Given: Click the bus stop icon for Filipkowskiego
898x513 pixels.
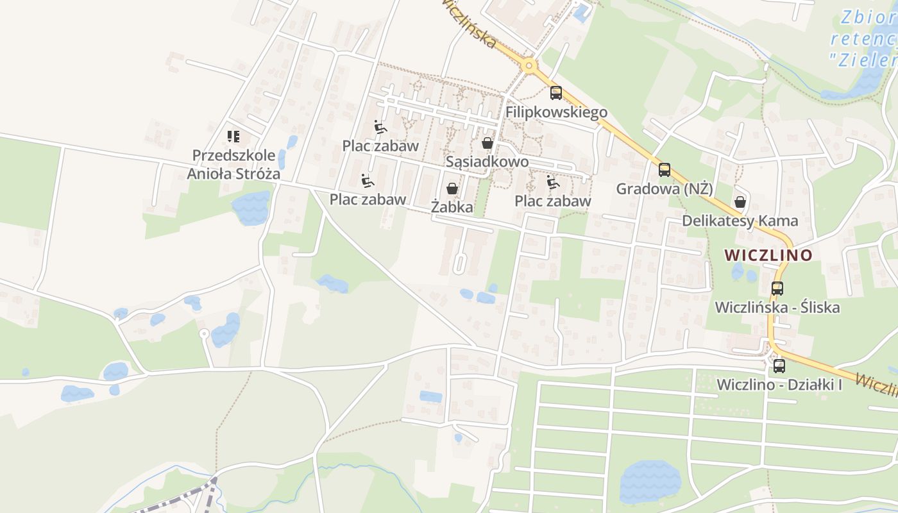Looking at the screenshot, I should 555,92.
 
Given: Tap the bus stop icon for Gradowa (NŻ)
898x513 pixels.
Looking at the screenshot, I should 665,170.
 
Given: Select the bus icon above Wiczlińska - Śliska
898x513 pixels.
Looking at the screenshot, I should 777,288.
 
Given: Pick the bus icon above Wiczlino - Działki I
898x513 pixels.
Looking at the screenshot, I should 779,366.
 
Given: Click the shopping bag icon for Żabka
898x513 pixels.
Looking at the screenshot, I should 452,189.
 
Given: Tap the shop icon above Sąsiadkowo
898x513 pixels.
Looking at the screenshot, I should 487,142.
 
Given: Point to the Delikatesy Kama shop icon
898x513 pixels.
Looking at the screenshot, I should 740,202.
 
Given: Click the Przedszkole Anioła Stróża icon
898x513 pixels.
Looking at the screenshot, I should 233,136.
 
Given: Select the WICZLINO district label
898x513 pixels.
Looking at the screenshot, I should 768,255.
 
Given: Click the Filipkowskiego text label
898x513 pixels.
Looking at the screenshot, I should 556,112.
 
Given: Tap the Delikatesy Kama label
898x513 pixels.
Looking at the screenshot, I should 740,221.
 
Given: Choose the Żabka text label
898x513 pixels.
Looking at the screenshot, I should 452,207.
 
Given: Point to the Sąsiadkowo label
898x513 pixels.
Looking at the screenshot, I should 487,162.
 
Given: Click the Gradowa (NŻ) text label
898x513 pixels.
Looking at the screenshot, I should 665,189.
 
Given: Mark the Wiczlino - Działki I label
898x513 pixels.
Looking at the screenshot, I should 779,385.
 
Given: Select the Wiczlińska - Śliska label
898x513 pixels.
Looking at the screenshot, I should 777,307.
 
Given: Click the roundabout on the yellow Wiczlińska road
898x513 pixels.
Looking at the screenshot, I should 529,65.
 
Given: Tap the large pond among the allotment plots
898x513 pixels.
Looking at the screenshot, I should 650,481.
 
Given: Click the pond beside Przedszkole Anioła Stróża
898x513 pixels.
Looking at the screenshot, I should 251,208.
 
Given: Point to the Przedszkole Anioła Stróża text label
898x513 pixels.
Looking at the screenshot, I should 233,164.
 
